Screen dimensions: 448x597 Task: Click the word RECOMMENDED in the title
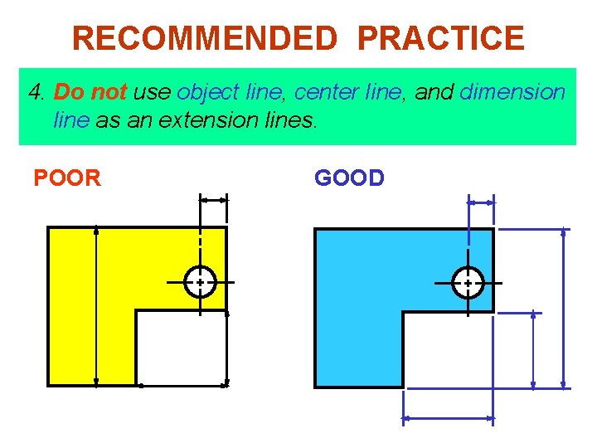(205, 38)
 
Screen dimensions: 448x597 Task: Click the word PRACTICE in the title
(441, 38)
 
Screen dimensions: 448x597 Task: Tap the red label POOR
(66, 178)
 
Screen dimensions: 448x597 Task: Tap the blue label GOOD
(349, 178)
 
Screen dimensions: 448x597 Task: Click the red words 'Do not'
(90, 92)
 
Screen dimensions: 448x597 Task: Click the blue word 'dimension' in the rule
(512, 92)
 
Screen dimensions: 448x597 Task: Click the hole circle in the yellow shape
(200, 282)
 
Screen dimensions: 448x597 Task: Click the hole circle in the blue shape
(468, 282)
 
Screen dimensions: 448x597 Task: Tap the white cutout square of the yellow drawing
(181, 348)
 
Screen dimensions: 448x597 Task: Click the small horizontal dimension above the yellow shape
(213, 200)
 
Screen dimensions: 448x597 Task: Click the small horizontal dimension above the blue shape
(481, 201)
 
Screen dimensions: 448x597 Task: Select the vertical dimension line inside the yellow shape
(97, 306)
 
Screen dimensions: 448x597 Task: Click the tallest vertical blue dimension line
(564, 307)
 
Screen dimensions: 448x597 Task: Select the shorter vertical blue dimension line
(533, 349)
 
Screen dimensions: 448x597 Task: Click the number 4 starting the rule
(35, 92)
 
